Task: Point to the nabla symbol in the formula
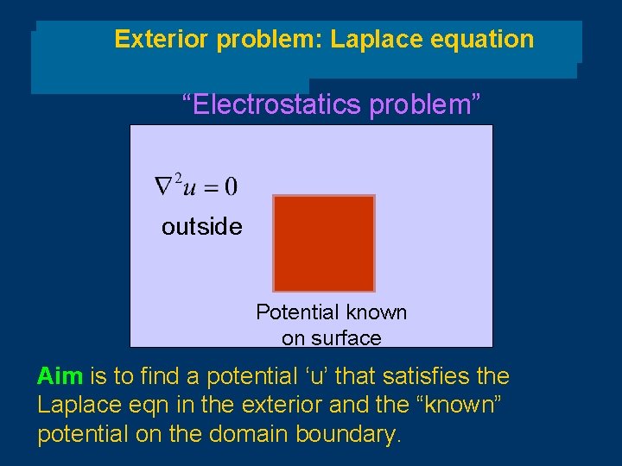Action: pos(164,185)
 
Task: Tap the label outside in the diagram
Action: pos(201,227)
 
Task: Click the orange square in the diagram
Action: pos(324,243)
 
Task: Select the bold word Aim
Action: pos(60,377)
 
